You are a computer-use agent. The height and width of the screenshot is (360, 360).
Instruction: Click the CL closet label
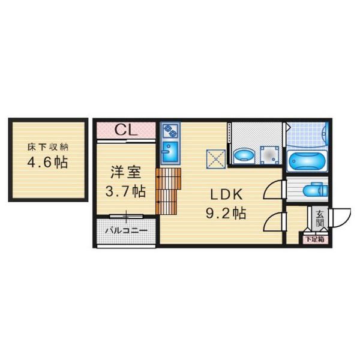(x=126, y=130)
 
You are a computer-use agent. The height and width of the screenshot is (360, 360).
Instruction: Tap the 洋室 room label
(x=126, y=172)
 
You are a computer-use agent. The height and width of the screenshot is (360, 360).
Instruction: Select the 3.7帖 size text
(x=125, y=191)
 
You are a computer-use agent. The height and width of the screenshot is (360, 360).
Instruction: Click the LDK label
(x=226, y=194)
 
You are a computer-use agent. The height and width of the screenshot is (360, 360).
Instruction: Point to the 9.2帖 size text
(x=226, y=213)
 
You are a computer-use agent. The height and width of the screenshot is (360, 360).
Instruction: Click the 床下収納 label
(x=48, y=147)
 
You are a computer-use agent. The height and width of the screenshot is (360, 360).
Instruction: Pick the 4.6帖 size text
(x=47, y=163)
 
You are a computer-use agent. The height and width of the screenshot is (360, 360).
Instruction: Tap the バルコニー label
(x=126, y=230)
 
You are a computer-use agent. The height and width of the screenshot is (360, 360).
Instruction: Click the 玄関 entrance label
(x=319, y=218)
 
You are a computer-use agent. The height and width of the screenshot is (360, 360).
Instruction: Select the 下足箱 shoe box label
(x=314, y=239)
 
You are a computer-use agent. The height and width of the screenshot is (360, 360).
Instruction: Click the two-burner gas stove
(x=170, y=131)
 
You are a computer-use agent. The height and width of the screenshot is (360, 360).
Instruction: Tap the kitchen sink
(x=170, y=151)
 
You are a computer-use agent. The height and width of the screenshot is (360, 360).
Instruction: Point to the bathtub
(x=307, y=161)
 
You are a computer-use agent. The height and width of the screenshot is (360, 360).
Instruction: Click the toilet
(x=315, y=190)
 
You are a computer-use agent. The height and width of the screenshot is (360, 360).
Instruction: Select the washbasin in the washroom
(x=244, y=155)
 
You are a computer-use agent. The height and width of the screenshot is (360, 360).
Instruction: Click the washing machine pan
(x=270, y=155)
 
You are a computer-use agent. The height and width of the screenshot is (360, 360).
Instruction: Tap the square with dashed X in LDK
(x=216, y=159)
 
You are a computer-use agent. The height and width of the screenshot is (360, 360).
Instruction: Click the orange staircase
(x=168, y=191)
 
